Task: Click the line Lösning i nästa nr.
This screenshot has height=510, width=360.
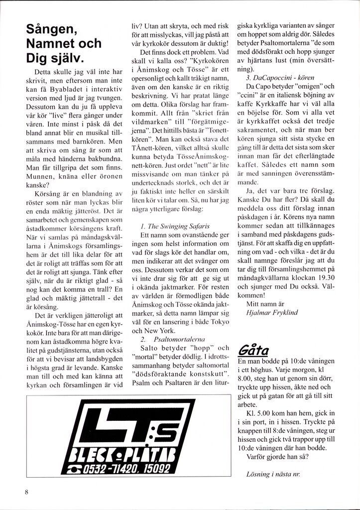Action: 273,474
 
